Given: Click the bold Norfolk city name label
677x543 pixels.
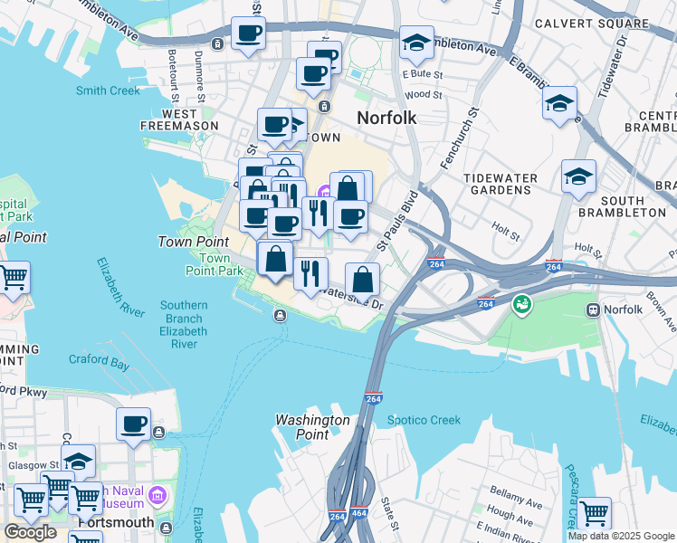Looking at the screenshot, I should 386,118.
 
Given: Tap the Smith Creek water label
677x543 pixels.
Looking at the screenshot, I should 108,90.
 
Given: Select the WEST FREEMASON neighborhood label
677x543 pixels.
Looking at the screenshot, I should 179,120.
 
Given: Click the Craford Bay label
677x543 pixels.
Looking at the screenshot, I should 99,361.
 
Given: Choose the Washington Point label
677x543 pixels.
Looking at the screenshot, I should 312,427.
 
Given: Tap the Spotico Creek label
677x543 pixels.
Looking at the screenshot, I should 424,420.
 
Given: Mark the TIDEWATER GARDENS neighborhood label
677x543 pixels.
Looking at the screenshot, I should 501,185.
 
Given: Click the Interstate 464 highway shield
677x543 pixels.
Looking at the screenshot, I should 359,513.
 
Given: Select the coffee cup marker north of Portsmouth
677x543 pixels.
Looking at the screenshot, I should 134,423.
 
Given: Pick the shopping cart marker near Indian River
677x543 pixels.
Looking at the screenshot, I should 595,513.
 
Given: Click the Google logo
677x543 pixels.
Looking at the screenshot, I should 31,532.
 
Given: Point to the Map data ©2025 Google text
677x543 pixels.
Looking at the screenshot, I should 620,536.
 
